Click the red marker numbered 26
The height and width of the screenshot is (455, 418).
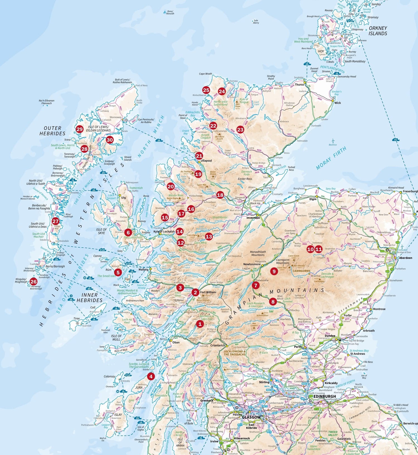coord(33,282)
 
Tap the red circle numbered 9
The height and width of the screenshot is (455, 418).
coord(274,271)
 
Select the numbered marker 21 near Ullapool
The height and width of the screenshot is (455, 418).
coord(199,156)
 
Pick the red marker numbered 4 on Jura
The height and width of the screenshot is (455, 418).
coord(151,376)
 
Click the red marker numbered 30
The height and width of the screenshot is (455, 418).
coord(110,140)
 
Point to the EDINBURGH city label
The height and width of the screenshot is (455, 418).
coord(325,396)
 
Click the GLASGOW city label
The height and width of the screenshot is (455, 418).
coord(251,418)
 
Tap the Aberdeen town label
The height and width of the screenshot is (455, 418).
coord(405,258)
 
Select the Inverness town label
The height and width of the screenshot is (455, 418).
coord(253,218)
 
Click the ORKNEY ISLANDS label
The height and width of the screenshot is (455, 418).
coord(378,31)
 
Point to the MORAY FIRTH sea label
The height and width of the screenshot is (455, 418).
coord(331,158)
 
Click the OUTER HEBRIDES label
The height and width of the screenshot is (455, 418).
coord(52,131)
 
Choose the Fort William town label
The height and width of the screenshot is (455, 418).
coord(208,292)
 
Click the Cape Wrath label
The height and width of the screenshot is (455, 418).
coord(205,74)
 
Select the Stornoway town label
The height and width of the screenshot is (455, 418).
coord(116,117)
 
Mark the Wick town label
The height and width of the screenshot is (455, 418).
coord(337,103)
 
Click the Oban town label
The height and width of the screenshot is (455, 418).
coord(176,342)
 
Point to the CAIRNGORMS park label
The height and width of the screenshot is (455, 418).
coord(301,271)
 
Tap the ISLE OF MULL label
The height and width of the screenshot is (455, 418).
coord(116,338)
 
